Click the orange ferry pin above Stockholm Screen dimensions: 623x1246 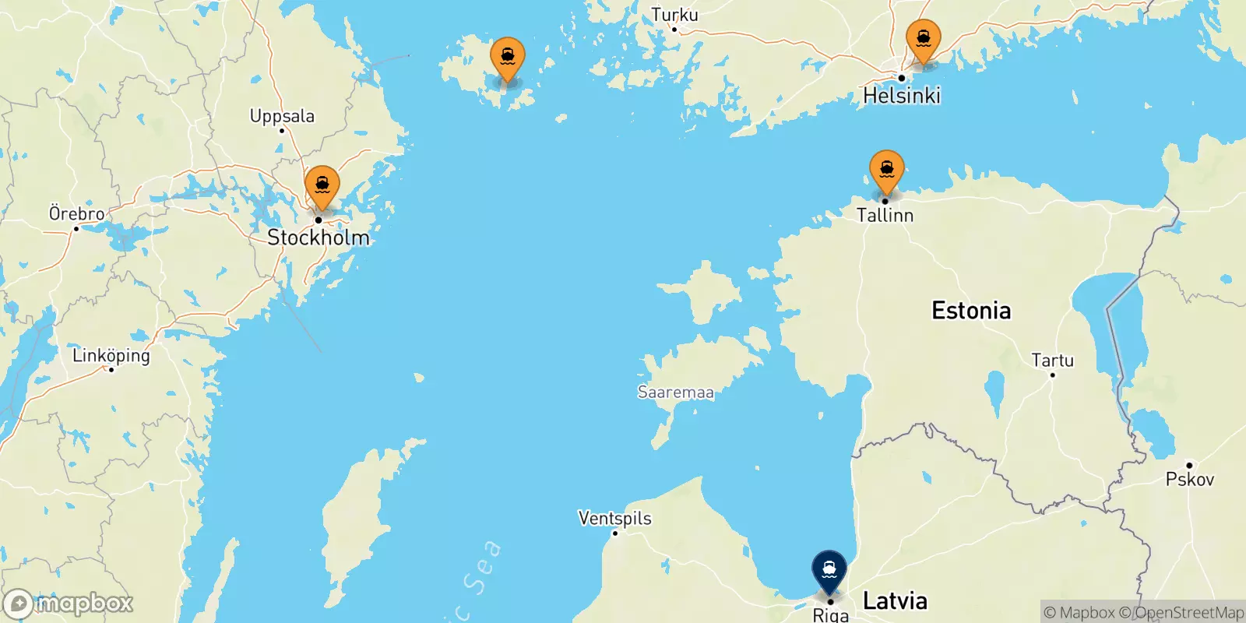point(322,186)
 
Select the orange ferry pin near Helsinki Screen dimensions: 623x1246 point(923,39)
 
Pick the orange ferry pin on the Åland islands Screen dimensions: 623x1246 point(507,58)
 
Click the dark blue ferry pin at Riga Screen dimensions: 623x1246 point(829,570)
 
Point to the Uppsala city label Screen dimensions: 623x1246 point(282,117)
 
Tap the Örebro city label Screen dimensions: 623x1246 point(76,213)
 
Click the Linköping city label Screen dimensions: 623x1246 point(111,356)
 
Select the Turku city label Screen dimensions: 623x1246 point(674,15)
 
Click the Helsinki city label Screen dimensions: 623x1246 point(902,96)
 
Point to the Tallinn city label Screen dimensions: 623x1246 point(885,215)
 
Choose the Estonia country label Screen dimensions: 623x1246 point(971,311)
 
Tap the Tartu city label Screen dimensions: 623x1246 point(1052,361)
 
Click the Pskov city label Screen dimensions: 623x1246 point(1189,479)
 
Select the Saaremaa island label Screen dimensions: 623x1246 point(675,392)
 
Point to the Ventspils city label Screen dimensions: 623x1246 point(614,518)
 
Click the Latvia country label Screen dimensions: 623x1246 point(895,600)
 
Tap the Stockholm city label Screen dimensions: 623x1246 point(319,238)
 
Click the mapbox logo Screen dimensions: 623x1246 point(69,604)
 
